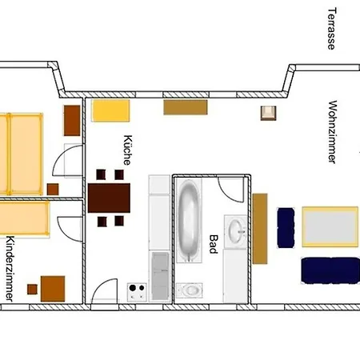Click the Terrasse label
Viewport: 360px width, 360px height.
[x=332, y=29]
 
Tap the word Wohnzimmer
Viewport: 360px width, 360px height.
[x=332, y=132]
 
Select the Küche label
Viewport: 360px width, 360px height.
[x=127, y=150]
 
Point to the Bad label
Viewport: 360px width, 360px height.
[x=214, y=244]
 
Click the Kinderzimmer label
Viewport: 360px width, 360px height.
[x=10, y=269]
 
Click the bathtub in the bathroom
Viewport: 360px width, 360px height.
[x=189, y=221]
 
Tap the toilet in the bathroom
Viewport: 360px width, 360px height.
[x=190, y=290]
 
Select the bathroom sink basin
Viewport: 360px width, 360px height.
[x=236, y=231]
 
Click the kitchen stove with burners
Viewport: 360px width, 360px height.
[x=137, y=292]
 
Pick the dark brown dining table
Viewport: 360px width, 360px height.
[x=109, y=198]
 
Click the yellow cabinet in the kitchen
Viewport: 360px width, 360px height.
[x=110, y=110]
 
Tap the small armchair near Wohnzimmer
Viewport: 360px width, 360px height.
[x=268, y=113]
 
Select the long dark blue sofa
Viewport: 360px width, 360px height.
[x=330, y=270]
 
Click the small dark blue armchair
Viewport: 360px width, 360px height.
[x=286, y=228]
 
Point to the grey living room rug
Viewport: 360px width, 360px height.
[x=330, y=226]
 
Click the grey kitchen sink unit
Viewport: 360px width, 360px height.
[x=160, y=276]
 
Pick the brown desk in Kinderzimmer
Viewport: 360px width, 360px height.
[x=53, y=289]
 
